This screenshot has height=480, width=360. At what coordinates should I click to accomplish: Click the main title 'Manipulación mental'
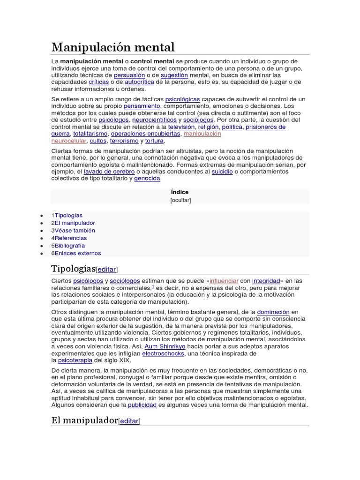[112, 47]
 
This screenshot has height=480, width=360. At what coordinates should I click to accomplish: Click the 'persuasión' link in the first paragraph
[129, 75]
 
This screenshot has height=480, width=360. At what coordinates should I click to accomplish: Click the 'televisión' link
[181, 127]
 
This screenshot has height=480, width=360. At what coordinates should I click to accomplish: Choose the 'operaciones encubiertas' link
[145, 134]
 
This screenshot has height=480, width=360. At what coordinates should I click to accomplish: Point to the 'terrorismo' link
[124, 141]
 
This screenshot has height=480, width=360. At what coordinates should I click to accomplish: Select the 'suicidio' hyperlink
[222, 172]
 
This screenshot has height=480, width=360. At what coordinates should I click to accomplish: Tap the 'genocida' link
[147, 178]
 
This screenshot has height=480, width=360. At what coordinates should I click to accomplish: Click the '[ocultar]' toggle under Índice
[180, 200]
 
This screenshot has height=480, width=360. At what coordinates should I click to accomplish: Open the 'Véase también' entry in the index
[75, 231]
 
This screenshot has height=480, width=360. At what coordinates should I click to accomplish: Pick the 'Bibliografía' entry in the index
[70, 246]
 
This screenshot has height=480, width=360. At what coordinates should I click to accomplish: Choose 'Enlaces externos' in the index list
[77, 253]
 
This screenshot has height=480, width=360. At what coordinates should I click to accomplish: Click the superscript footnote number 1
[153, 286]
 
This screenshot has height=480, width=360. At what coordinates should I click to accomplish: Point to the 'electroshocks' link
[163, 353]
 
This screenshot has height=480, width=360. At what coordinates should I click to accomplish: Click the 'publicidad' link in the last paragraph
[142, 405]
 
